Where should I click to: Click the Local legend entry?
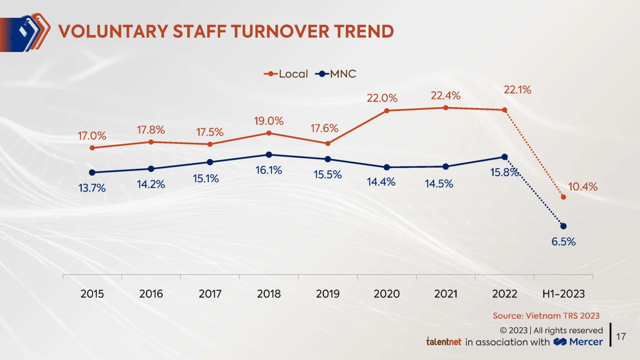pyautogui.click(x=286, y=74)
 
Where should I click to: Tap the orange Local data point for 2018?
pyautogui.click(x=269, y=133)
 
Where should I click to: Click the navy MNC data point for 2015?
pyautogui.click(x=92, y=172)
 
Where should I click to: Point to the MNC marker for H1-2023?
pyautogui.click(x=563, y=226)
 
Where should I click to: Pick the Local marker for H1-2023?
pyautogui.click(x=563, y=197)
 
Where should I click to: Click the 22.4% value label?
pyautogui.click(x=445, y=96)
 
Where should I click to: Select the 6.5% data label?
pyautogui.click(x=563, y=242)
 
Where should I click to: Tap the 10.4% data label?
pyautogui.click(x=582, y=187)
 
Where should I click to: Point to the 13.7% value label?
pyautogui.click(x=92, y=188)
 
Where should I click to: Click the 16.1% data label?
pyautogui.click(x=269, y=170)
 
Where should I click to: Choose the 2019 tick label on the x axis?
pyautogui.click(x=327, y=294)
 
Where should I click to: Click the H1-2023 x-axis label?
pyautogui.click(x=563, y=294)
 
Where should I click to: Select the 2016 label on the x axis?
pyautogui.click(x=151, y=294)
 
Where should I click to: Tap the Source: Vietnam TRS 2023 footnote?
pyautogui.click(x=546, y=316)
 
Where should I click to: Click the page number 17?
pyautogui.click(x=621, y=336)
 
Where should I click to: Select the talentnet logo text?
pyautogui.click(x=443, y=342)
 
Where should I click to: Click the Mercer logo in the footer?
pyautogui.click(x=578, y=342)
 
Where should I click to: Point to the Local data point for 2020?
pyautogui.click(x=387, y=111)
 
